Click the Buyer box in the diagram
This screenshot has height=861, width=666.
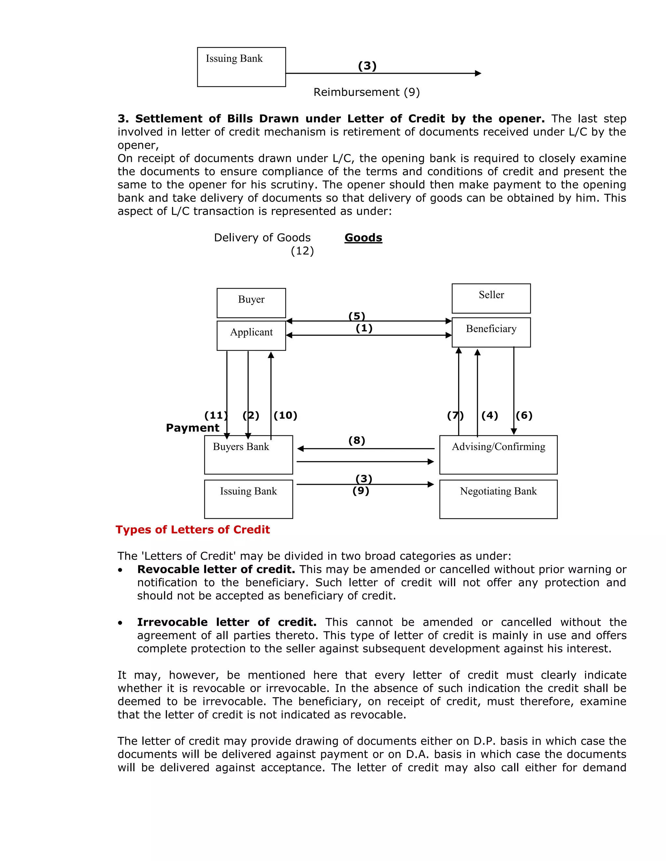click(251, 303)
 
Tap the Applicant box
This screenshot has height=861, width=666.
click(251, 336)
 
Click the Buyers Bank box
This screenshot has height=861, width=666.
click(248, 455)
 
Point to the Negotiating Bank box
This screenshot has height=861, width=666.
click(498, 499)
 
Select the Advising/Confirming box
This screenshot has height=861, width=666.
click(498, 455)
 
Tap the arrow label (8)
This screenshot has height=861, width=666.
click(357, 440)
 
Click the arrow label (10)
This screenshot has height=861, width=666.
click(285, 415)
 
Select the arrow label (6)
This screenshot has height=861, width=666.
click(524, 415)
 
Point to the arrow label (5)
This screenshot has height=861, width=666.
click(357, 316)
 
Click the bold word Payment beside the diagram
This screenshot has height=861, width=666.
click(192, 428)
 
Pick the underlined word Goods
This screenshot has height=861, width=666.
click(363, 238)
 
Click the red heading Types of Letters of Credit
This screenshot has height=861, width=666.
click(193, 530)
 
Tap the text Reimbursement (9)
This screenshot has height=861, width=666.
click(366, 92)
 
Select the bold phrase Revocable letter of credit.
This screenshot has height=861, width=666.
click(216, 569)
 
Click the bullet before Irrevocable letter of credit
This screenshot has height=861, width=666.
click(120, 623)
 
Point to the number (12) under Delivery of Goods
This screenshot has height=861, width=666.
click(302, 251)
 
